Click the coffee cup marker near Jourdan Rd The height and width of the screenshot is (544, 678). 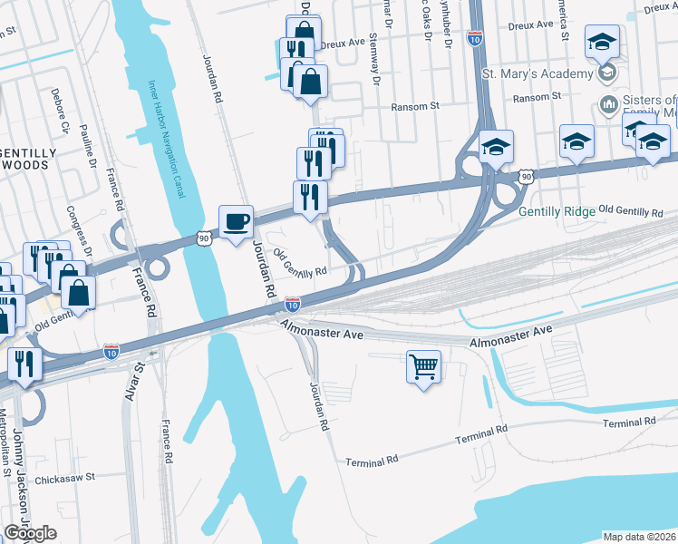[236, 221]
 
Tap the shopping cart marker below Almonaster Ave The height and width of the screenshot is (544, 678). [423, 366]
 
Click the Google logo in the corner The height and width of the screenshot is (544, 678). [30, 533]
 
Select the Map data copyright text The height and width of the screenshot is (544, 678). [640, 537]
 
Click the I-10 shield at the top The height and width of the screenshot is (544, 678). [475, 38]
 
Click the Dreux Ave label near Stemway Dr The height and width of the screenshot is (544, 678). [347, 41]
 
